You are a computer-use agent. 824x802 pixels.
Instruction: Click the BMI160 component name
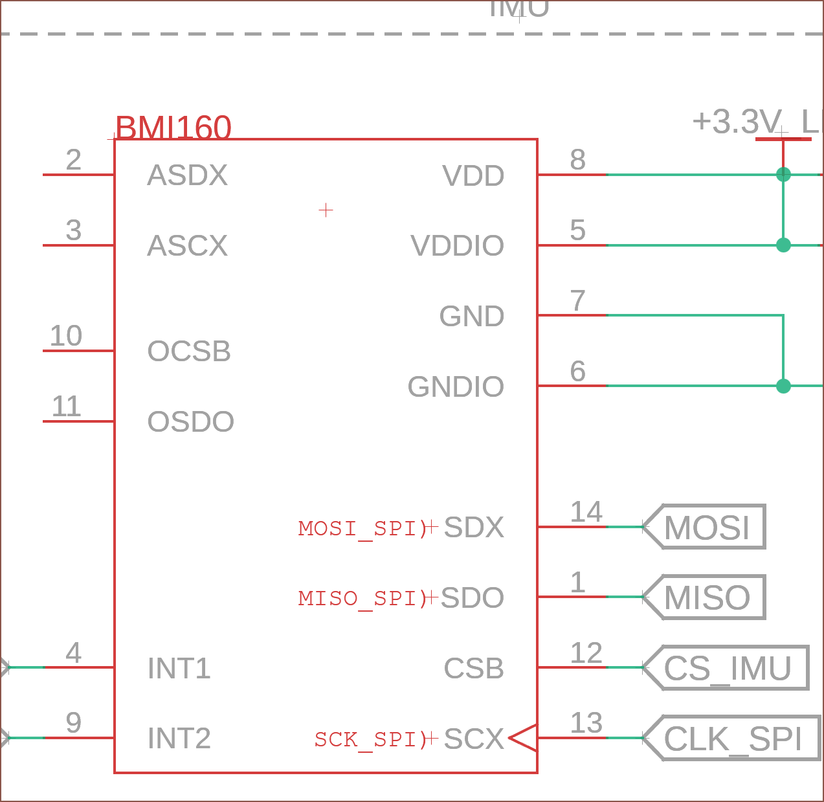(x=173, y=128)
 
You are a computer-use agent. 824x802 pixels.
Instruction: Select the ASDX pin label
(x=187, y=175)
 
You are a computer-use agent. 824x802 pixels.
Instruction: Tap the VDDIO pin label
(x=457, y=246)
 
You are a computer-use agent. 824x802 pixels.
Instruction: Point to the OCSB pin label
(x=189, y=351)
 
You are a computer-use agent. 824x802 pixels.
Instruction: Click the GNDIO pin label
(x=456, y=387)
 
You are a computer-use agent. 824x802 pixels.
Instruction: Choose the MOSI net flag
(x=706, y=527)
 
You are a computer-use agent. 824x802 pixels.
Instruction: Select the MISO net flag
(x=706, y=597)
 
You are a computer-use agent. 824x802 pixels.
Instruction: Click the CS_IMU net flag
(x=727, y=668)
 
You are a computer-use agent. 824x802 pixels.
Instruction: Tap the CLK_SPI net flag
(x=733, y=739)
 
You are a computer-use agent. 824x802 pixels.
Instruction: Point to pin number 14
(x=586, y=513)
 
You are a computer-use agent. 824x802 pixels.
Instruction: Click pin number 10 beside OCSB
(x=66, y=336)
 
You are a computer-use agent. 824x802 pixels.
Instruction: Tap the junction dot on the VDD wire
(x=783, y=175)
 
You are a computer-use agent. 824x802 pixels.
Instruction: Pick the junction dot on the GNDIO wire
(x=783, y=386)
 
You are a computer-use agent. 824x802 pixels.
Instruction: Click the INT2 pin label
(x=179, y=739)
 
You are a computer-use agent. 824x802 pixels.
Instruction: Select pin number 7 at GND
(x=577, y=301)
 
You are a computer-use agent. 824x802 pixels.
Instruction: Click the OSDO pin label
(x=190, y=422)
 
